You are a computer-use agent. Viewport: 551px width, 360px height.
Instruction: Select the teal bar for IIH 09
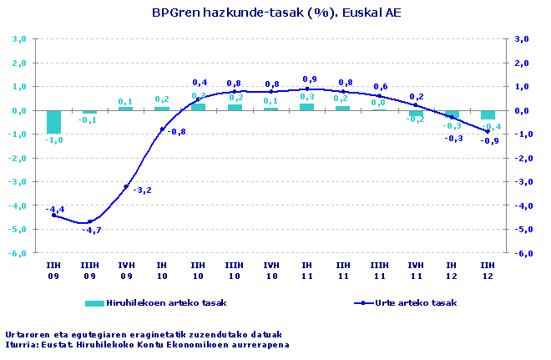coord(54,121)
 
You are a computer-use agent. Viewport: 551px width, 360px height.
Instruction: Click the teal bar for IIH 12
coord(488,115)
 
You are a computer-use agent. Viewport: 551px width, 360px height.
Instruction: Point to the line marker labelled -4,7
coord(90,222)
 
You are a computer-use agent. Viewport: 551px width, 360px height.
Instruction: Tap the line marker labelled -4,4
coord(54,215)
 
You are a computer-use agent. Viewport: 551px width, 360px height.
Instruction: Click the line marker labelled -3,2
coord(126,186)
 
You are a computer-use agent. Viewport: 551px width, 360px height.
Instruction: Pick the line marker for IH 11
coord(307,89)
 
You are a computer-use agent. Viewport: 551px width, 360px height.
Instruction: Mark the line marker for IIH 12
coord(488,131)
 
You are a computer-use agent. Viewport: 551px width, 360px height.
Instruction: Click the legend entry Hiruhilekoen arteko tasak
coord(159,302)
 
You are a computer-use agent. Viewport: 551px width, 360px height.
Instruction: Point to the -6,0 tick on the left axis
coord(19,253)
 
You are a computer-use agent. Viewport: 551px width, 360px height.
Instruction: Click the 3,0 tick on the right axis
coord(523,38)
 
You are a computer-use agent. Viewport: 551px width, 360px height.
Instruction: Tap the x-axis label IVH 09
coord(126,269)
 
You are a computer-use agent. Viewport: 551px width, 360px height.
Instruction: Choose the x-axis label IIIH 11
coord(379,269)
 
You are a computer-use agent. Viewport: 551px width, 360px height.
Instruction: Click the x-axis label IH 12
coord(452,269)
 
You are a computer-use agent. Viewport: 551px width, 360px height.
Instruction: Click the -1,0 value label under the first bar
coord(53,140)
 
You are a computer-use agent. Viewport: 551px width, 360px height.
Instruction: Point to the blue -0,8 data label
coord(176,131)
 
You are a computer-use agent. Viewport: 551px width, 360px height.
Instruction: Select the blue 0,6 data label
coord(381,87)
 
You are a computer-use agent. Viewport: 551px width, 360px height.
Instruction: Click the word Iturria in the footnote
coord(20,344)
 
